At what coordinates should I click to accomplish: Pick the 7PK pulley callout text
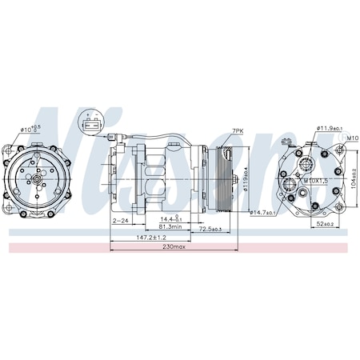pyautogui.click(x=238, y=130)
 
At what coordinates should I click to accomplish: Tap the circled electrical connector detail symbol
pyautogui.click(x=90, y=123)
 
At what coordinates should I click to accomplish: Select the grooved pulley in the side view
pyautogui.click(x=218, y=178)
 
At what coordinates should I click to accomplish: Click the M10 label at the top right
pyautogui.click(x=351, y=138)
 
